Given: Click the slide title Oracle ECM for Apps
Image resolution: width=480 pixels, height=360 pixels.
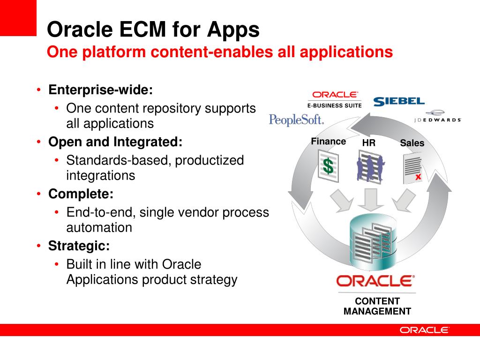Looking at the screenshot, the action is click(x=153, y=30).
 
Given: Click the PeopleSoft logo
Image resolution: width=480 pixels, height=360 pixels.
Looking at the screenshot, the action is click(x=296, y=120).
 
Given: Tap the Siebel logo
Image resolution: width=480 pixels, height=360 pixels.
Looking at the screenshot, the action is click(x=399, y=101).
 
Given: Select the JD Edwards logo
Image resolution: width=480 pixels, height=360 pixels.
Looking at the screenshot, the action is click(x=437, y=116).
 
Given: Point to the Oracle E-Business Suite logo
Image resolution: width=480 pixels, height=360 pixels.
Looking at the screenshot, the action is click(x=335, y=99).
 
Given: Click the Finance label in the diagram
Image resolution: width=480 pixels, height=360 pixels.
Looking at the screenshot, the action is click(x=328, y=142).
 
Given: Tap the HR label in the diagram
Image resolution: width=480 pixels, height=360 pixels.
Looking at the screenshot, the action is click(x=369, y=143).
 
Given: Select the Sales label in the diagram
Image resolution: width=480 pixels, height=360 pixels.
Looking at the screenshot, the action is click(x=412, y=143).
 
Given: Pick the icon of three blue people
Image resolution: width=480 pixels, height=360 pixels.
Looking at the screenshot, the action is click(x=370, y=166).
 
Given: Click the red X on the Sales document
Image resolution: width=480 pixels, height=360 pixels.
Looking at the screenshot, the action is click(x=418, y=177).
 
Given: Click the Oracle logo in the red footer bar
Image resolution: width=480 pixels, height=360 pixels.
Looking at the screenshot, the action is click(x=424, y=330).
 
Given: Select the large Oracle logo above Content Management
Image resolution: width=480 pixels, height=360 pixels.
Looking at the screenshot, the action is click(x=375, y=281).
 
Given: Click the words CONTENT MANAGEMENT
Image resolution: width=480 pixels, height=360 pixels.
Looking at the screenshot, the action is click(x=377, y=306).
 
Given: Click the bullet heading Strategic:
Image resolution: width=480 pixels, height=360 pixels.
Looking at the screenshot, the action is click(x=79, y=245).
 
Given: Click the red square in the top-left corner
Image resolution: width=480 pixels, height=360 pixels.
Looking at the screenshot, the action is click(x=18, y=18).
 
